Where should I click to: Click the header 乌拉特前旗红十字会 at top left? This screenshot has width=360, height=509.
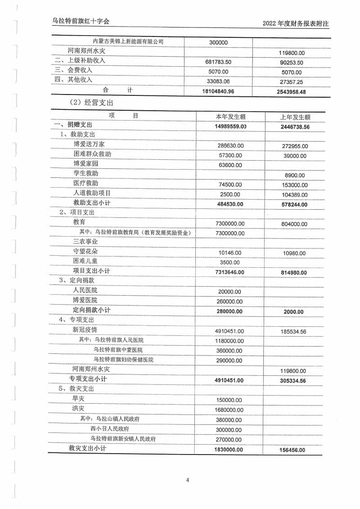(x=81, y=21)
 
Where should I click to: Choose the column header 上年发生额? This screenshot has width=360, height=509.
(x=295, y=117)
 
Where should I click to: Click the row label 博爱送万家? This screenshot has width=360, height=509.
(x=89, y=144)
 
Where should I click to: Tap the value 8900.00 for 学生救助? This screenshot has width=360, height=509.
(x=295, y=176)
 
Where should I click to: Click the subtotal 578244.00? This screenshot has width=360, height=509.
(x=292, y=204)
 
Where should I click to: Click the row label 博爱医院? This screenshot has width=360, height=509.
(x=85, y=300)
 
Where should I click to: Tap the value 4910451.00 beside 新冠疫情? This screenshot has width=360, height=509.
(x=229, y=331)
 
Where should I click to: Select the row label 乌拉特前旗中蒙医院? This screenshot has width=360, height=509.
(x=119, y=350)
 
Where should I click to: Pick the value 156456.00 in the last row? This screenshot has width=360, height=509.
(x=292, y=450)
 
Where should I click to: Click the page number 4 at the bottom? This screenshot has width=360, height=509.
(x=188, y=480)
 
